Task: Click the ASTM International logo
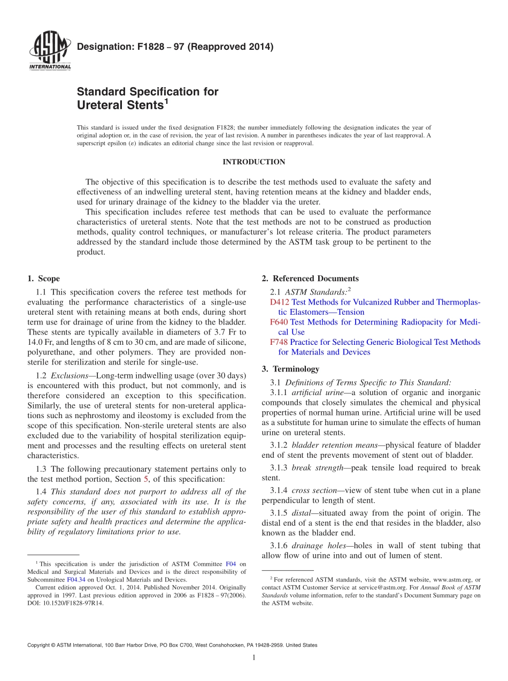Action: [49, 50]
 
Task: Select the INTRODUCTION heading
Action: [253, 162]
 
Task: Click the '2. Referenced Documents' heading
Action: [310, 278]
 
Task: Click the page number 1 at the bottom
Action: [254, 658]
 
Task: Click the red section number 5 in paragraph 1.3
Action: [147, 479]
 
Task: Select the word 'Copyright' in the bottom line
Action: [41, 645]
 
